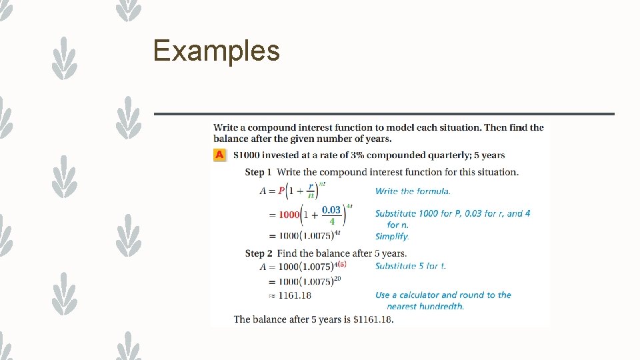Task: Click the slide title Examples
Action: coord(216,51)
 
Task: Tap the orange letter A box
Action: coord(219,155)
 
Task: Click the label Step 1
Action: coord(258,172)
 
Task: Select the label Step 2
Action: coord(259,253)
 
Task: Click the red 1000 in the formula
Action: coord(289,215)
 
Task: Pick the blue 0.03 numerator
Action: coord(331,209)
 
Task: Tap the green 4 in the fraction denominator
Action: coord(332,221)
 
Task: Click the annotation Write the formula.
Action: coord(413,191)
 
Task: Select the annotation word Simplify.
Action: coord(392,236)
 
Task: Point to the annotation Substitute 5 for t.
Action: coord(410,266)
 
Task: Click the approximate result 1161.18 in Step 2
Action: coord(295,295)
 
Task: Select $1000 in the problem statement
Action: coord(246,155)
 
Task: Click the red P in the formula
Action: coord(281,191)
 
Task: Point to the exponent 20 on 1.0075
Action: coord(337,278)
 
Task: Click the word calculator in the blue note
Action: coord(416,295)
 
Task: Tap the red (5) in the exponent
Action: coord(343,263)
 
